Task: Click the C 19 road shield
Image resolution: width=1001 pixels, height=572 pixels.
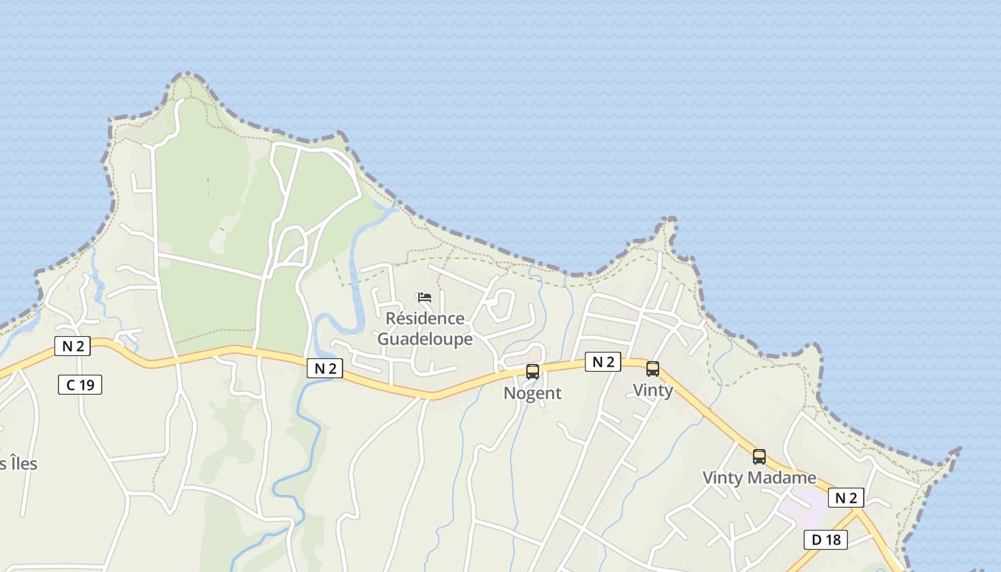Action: tap(80, 385)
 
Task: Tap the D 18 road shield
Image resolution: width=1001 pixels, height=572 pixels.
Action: tap(825, 540)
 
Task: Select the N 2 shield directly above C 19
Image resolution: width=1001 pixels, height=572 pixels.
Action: tap(73, 346)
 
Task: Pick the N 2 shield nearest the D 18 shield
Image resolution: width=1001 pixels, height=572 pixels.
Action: tap(846, 498)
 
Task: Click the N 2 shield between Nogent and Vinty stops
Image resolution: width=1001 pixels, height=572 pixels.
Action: tap(603, 362)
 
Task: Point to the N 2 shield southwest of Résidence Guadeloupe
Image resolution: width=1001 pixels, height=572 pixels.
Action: tap(325, 368)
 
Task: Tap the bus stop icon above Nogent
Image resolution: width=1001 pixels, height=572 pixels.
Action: tap(533, 371)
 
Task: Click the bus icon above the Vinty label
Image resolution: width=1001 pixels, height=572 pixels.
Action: tap(653, 369)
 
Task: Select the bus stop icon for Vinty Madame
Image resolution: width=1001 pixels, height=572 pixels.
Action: tap(759, 456)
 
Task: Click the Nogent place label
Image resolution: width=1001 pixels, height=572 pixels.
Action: tap(533, 393)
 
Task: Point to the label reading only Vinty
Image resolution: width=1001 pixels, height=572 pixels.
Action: tap(653, 390)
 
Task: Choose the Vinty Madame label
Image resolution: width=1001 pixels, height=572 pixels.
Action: tap(759, 478)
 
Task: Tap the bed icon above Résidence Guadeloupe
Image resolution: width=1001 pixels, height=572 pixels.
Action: tap(425, 297)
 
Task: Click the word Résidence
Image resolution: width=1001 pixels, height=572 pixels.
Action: tap(425, 318)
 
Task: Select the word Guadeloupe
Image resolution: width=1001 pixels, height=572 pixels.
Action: tap(425, 338)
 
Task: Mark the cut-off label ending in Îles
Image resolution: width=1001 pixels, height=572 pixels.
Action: tap(19, 463)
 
